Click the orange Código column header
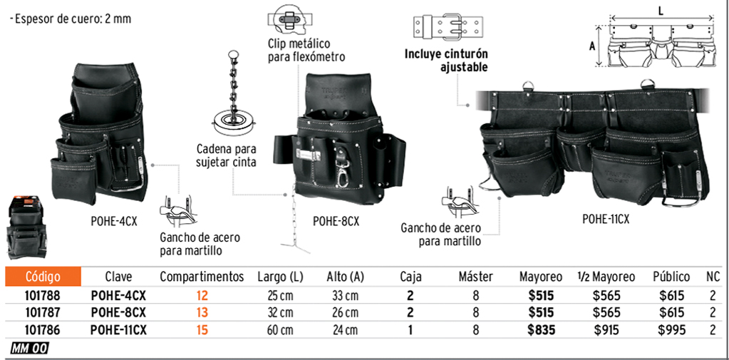(43, 277)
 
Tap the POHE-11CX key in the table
(118, 330)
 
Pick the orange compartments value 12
(202, 295)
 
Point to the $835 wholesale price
(541, 330)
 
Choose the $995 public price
(672, 330)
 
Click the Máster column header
(475, 277)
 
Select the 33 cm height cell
(344, 295)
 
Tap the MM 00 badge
(29, 349)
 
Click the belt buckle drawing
(447, 27)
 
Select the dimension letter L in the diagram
(661, 12)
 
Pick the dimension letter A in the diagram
(592, 46)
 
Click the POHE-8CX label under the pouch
(336, 222)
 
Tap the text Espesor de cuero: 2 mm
(71, 19)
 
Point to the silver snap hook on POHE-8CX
(343, 166)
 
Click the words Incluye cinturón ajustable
(446, 61)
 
